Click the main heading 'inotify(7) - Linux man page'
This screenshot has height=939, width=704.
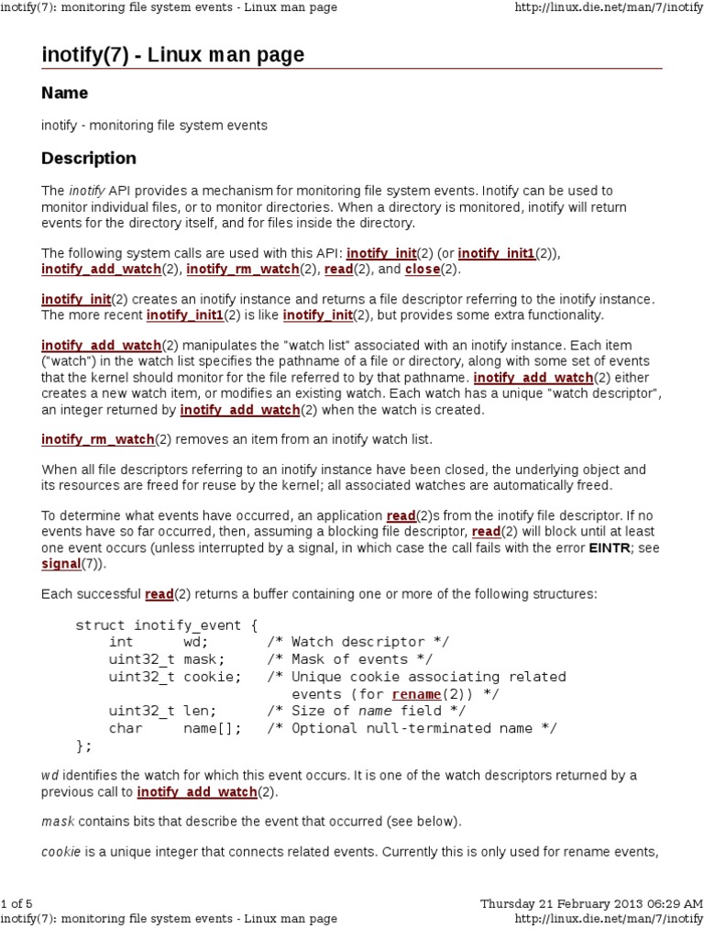pyautogui.click(x=172, y=55)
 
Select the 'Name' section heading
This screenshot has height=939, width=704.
pyautogui.click(x=65, y=94)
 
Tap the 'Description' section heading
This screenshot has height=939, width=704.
pyautogui.click(x=89, y=158)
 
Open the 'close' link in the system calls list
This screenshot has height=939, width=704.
pyautogui.click(x=422, y=270)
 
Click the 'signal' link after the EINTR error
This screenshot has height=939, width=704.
pyautogui.click(x=60, y=564)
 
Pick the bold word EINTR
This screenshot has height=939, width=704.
pyautogui.click(x=608, y=548)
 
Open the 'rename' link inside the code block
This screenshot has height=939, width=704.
pyautogui.click(x=415, y=694)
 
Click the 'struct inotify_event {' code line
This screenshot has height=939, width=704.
pyautogui.click(x=167, y=625)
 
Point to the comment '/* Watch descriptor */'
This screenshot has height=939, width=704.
pyautogui.click(x=358, y=642)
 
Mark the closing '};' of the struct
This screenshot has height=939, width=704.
pyautogui.click(x=83, y=745)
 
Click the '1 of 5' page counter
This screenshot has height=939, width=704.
pyautogui.click(x=16, y=903)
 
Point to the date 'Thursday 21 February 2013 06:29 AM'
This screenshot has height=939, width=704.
pyautogui.click(x=591, y=903)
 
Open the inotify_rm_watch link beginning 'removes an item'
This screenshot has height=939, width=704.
pyautogui.click(x=97, y=440)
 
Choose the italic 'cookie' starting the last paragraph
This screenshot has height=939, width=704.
pyautogui.click(x=62, y=852)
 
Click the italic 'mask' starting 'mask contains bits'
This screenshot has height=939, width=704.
pyautogui.click(x=58, y=821)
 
